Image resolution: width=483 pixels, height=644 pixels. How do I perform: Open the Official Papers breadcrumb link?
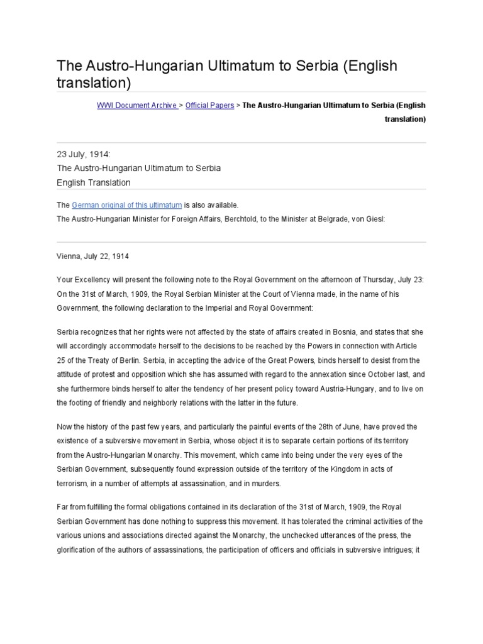tap(209, 106)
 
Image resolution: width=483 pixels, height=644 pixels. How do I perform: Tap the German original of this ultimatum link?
tap(127, 205)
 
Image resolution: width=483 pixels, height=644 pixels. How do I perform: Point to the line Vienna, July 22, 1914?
tap(92, 257)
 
